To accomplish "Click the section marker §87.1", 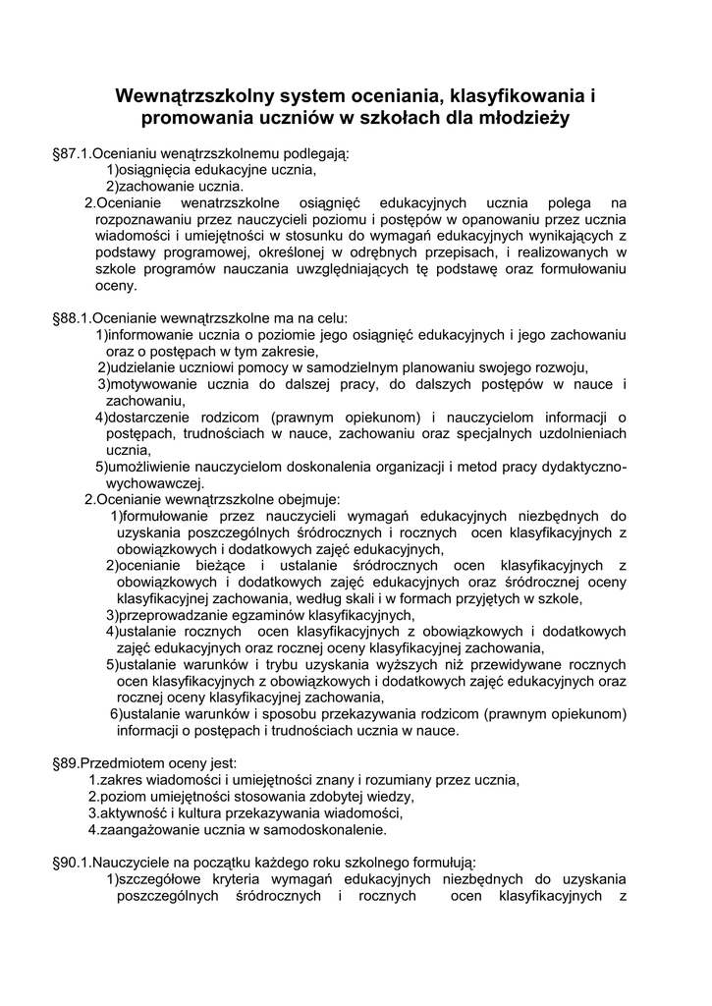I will (71, 154).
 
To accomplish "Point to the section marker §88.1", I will (71, 318).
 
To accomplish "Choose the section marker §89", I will (65, 763).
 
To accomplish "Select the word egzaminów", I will (272, 615).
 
